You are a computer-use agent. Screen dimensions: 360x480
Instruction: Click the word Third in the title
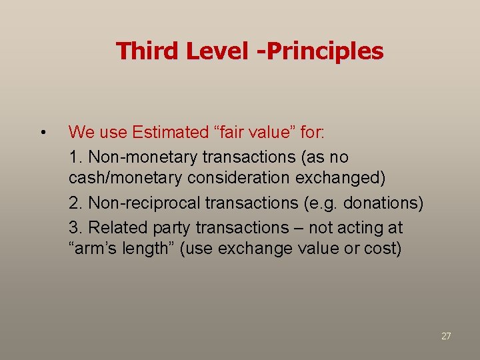pos(146,51)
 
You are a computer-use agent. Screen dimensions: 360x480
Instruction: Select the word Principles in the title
pos(327,51)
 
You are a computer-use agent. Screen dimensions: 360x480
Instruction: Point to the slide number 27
pos(446,336)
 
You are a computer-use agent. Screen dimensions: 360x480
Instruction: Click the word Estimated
pos(169,132)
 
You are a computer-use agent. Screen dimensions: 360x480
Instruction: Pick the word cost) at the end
pos(383,249)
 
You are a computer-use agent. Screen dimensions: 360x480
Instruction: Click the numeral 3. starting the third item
pos(75,227)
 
